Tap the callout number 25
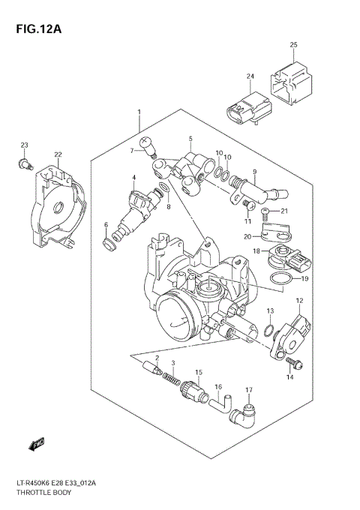click(x=294, y=45)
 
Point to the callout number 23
click(x=24, y=145)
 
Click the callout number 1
click(x=139, y=112)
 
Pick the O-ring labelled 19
click(x=278, y=280)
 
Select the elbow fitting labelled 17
click(x=245, y=412)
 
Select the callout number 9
click(x=254, y=171)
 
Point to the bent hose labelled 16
click(x=217, y=405)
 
